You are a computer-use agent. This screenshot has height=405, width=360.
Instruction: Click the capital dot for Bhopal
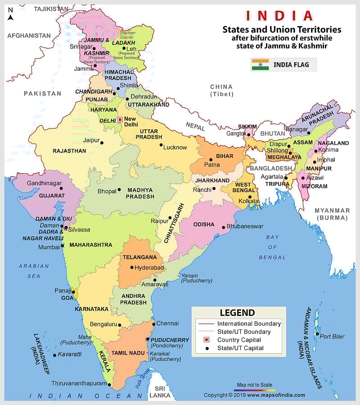[119, 190]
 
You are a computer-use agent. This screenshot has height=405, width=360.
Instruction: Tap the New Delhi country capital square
[120, 120]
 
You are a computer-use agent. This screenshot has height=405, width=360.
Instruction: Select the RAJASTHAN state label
[69, 151]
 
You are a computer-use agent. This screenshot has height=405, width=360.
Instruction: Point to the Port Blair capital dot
[317, 334]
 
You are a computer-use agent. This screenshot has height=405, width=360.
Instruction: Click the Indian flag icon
[260, 64]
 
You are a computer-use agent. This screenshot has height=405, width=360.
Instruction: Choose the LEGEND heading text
[237, 313]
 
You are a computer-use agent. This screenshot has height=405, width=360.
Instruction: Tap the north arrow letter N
[10, 18]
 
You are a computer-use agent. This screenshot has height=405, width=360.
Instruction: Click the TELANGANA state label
[139, 257]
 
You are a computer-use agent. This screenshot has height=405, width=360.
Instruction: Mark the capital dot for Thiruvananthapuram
[109, 384]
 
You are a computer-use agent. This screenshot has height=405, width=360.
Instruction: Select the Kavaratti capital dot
[54, 355]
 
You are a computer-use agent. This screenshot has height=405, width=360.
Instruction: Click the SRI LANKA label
[160, 391]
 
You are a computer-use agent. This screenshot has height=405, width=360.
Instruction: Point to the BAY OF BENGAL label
[272, 247]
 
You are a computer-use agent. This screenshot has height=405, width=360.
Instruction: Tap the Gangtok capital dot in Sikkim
[248, 134]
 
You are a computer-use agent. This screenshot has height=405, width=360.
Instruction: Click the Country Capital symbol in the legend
[207, 340]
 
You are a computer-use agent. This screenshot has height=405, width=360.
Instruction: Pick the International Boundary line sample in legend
[206, 324]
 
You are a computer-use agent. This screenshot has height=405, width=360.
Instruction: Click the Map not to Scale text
[255, 385]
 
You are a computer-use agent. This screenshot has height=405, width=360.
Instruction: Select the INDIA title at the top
[279, 16]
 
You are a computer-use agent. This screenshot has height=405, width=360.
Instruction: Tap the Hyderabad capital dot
[131, 267]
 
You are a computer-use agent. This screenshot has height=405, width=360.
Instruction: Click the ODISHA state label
[204, 224]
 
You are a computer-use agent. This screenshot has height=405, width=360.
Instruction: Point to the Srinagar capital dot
[95, 46]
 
